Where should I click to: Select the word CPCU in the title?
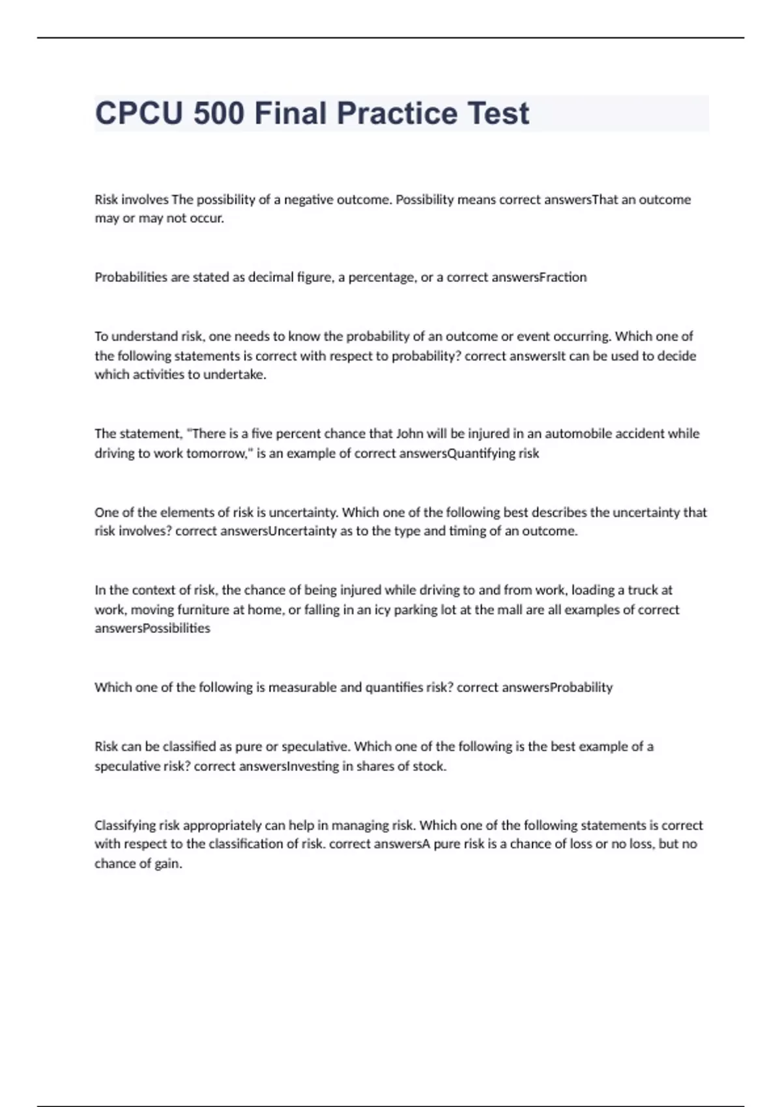point(139,113)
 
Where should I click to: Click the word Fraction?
point(563,277)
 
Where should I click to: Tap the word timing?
point(466,531)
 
